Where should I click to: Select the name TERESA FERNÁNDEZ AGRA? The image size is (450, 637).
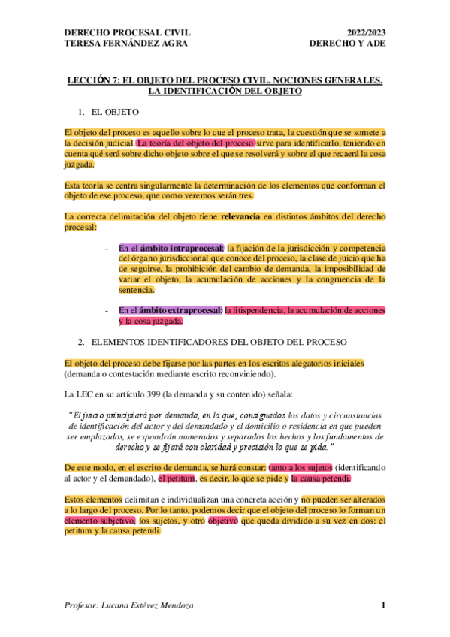click(x=126, y=43)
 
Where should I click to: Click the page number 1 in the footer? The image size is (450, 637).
click(x=382, y=605)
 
